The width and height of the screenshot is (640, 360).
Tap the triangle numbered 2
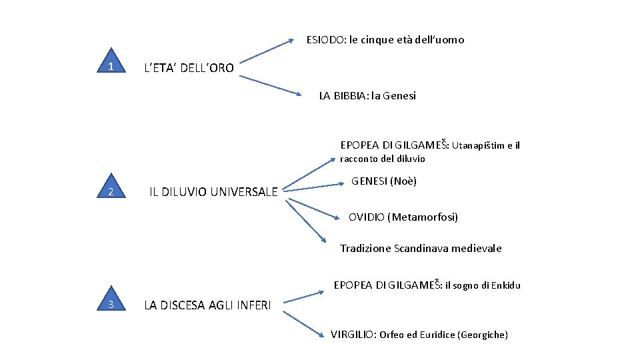click(x=111, y=192)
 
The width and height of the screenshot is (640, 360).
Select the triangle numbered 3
click(x=111, y=304)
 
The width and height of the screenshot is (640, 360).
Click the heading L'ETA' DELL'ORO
click(x=189, y=68)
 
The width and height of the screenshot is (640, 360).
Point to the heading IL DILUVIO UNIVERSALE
click(x=213, y=192)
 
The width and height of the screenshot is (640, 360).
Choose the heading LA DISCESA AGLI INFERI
click(x=208, y=305)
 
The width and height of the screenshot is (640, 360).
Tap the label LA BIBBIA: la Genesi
click(x=367, y=95)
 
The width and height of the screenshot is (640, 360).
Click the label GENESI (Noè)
click(x=384, y=181)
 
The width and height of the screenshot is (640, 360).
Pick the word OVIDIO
click(x=366, y=217)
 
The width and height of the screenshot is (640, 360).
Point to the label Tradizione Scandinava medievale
click(x=421, y=249)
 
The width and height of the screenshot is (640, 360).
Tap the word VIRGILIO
click(x=353, y=335)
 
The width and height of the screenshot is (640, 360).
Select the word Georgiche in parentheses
click(x=483, y=335)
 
